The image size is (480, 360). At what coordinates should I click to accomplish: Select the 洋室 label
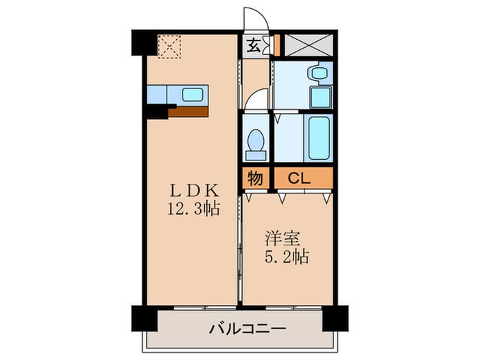tap(281, 241)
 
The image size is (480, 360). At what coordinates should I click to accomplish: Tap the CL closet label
tap(298, 178)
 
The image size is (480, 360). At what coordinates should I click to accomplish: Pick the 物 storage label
tap(255, 178)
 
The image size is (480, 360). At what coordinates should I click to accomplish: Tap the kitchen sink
tap(193, 93)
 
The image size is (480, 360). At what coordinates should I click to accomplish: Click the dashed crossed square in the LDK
tap(167, 46)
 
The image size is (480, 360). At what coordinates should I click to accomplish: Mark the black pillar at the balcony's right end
tap(337, 316)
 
